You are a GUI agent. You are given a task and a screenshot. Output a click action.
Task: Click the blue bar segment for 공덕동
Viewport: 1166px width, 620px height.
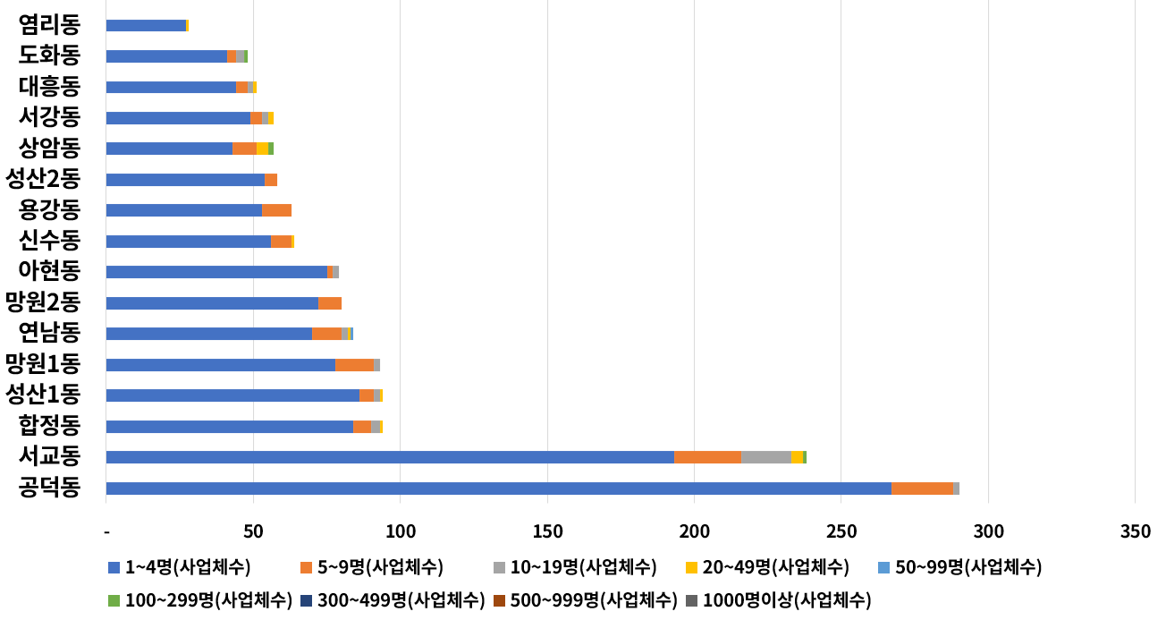(x=498, y=488)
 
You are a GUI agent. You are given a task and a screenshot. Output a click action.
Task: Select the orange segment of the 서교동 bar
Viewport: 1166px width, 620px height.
(x=707, y=457)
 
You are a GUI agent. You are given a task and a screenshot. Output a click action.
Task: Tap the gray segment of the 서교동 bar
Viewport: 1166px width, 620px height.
(x=766, y=457)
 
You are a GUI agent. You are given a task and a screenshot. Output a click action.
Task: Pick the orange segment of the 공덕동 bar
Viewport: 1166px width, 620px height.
(x=922, y=488)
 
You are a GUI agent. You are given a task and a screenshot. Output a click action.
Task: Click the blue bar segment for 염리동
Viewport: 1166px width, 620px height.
(x=146, y=26)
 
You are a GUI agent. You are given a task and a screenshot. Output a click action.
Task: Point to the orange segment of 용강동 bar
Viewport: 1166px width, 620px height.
(x=277, y=210)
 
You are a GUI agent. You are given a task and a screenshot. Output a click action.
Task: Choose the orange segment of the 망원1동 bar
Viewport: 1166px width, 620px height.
(x=354, y=365)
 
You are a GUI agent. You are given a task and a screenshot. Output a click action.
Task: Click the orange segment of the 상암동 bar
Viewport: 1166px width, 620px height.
(x=244, y=149)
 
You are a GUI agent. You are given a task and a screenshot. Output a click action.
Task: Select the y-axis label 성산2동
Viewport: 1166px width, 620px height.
(x=43, y=179)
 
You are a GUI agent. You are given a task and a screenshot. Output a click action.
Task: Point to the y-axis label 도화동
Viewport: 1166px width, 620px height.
(x=49, y=56)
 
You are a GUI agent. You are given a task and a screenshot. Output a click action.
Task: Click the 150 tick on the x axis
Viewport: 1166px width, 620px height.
(x=547, y=531)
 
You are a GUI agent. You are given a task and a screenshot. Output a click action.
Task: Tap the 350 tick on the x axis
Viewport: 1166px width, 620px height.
(x=1135, y=531)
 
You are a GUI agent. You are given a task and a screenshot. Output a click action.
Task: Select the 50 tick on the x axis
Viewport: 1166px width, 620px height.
(x=253, y=531)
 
